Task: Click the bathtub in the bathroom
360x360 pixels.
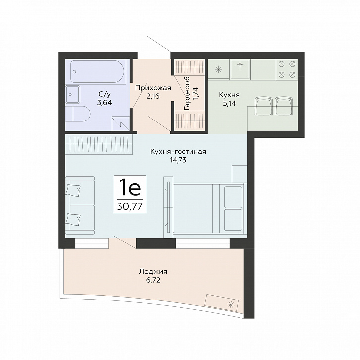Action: point(97,71)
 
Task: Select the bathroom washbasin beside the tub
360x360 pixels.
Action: point(73,94)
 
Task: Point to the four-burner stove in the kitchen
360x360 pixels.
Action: point(287,69)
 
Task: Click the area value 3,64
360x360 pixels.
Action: point(104,103)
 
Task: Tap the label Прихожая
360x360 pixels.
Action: point(153,88)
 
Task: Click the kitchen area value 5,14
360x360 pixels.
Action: point(229,103)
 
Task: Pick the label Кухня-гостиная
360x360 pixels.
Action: point(178,152)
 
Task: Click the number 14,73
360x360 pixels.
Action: point(178,160)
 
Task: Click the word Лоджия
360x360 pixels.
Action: point(153,272)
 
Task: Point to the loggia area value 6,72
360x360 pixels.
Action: point(153,280)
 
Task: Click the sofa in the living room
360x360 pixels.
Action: point(80,205)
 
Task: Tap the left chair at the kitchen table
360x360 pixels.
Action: point(264,106)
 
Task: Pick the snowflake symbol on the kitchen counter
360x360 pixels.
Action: point(218,69)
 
